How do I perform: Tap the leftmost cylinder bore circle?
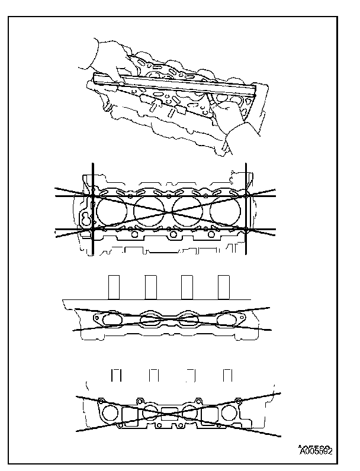pos(111,209)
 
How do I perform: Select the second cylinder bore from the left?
pos(150,210)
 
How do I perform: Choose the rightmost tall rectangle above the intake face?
pos(224,287)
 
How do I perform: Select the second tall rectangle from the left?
pos(150,287)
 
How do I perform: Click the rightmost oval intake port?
pos(226,319)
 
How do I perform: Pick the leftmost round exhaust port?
pos(110,412)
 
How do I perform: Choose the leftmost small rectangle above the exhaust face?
pos(117,376)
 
